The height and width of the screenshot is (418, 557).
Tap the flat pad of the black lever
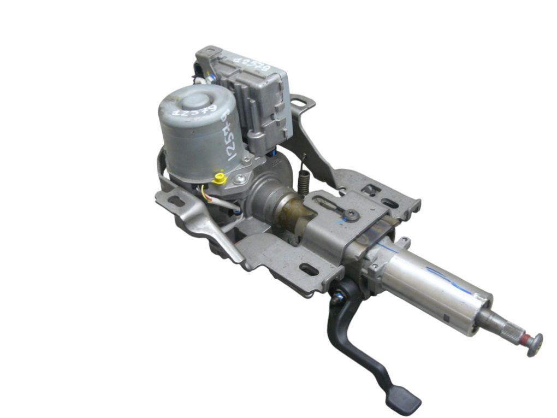[403, 402]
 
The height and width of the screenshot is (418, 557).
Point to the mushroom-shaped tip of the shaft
[535, 344]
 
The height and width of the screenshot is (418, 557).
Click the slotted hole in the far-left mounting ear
[176, 201]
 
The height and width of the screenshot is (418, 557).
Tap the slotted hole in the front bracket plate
[310, 269]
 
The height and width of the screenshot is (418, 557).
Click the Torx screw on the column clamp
[352, 215]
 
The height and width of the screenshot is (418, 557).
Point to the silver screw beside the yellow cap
[239, 179]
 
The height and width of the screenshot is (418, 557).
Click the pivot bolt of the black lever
[337, 298]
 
